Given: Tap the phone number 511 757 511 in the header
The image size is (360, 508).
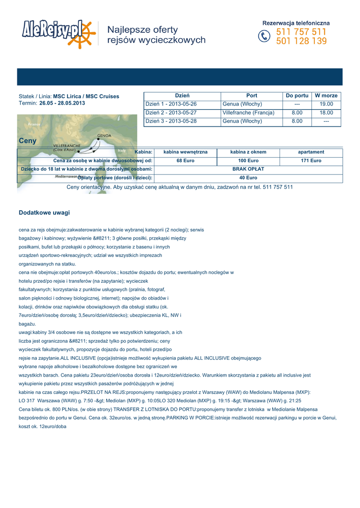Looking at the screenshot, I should pyautogui.click(x=301, y=32).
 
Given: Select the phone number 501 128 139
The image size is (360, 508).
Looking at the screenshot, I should pyautogui.click(x=301, y=42).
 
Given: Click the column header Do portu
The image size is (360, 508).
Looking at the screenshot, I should pyautogui.click(x=297, y=96).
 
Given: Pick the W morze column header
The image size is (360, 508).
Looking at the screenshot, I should pyautogui.click(x=326, y=96).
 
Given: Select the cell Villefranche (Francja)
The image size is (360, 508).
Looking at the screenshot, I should pyautogui.click(x=248, y=113).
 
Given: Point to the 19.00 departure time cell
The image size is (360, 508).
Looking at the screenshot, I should pyautogui.click(x=326, y=104).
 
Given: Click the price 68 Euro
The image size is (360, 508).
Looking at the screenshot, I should pyautogui.click(x=185, y=161).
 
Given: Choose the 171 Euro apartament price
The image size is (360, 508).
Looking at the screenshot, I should pyautogui.click(x=311, y=161).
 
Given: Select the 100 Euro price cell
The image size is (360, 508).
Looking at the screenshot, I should pyautogui.click(x=248, y=161).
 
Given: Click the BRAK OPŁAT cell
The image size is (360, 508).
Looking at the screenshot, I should pyautogui.click(x=248, y=169).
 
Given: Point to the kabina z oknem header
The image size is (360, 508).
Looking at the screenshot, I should pyautogui.click(x=248, y=152).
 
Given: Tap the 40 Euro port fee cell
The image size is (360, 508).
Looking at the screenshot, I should pyautogui.click(x=248, y=178).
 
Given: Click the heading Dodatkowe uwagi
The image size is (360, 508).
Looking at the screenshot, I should pyautogui.click(x=44, y=213).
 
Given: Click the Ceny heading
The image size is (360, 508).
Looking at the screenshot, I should pyautogui.click(x=27, y=141).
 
